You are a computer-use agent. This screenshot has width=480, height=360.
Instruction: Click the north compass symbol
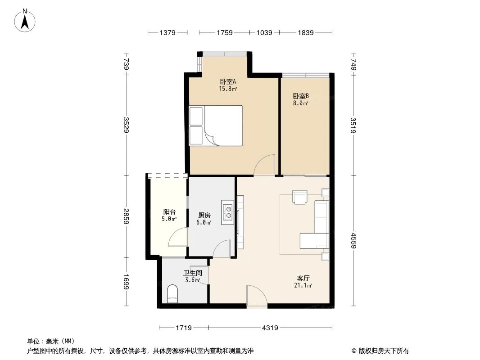(26, 20)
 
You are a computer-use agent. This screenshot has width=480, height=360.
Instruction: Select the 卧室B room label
(301, 96)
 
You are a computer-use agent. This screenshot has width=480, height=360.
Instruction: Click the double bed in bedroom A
(216, 126)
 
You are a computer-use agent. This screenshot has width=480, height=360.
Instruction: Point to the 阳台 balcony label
(169, 212)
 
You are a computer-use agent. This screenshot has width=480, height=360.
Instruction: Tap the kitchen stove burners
(228, 212)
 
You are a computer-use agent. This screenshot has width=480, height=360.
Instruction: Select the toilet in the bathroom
(172, 295)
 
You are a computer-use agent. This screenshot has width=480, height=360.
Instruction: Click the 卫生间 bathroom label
(192, 273)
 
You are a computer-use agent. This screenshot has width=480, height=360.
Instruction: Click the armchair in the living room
(300, 197)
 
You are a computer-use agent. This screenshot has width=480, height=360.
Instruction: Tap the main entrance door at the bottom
(257, 297)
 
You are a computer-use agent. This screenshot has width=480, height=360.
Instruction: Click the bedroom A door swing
(264, 165)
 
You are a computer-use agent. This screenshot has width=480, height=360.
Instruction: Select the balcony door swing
(178, 237)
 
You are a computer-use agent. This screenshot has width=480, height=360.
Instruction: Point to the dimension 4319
(270, 328)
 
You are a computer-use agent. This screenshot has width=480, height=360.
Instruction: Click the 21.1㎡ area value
(303, 285)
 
